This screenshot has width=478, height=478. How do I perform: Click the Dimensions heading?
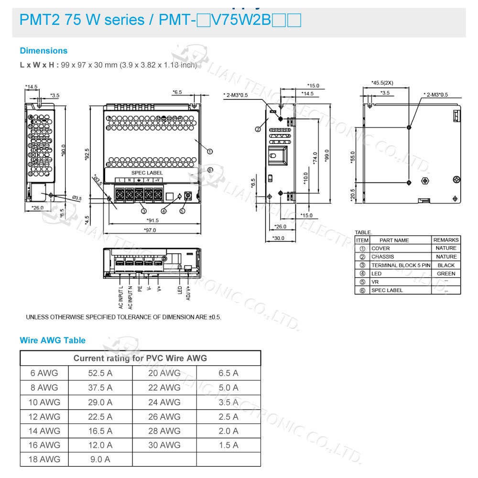point(43,51)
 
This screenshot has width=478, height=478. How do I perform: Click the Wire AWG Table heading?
point(53,340)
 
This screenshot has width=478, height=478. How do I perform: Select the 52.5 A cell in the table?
point(100,373)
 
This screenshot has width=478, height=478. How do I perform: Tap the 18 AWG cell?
point(44,459)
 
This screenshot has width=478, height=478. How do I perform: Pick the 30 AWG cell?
point(164,445)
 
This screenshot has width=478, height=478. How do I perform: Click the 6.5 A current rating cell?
point(228,373)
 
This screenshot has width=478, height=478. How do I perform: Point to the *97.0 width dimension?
point(150,230)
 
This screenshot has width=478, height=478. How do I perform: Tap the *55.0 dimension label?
point(353,157)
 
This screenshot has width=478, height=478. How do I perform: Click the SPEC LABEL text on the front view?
point(147,173)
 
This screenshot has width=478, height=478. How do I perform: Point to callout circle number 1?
point(210,151)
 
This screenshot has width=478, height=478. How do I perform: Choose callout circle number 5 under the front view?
point(182,211)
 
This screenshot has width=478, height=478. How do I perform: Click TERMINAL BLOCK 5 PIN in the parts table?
point(401,265)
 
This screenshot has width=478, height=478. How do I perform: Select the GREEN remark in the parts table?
point(446,273)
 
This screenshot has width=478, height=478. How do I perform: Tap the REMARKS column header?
point(446,240)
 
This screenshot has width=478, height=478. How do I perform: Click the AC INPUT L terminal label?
point(121,297)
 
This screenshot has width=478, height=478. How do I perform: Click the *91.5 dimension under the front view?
point(153,220)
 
